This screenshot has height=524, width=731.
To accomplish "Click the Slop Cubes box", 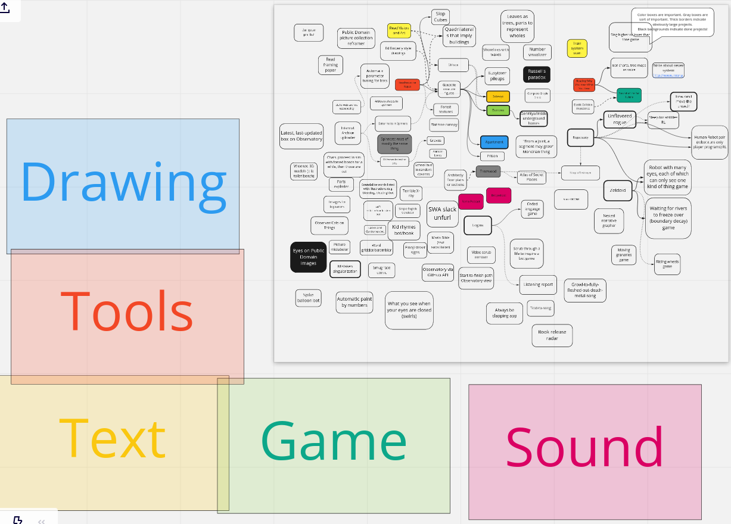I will pyautogui.click(x=440, y=17).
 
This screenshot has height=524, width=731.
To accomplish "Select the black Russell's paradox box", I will pyautogui.click(x=536, y=74).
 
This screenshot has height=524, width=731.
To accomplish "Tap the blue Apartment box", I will pyautogui.click(x=494, y=142).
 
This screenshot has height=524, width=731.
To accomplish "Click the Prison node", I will pyautogui.click(x=492, y=156).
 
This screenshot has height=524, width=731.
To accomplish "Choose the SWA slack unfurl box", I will pyautogui.click(x=442, y=213).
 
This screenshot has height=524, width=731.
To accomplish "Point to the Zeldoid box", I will pyautogui.click(x=618, y=190).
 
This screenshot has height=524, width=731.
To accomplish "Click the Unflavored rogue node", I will pyautogui.click(x=620, y=119).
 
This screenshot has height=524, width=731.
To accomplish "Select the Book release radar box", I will pyautogui.click(x=552, y=335).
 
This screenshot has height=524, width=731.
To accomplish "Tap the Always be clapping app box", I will pyautogui.click(x=505, y=313).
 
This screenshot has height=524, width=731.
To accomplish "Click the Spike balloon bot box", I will pyautogui.click(x=309, y=298).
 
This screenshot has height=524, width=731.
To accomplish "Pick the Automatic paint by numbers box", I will pyautogui.click(x=354, y=302).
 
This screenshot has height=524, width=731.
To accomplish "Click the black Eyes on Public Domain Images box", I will pyautogui.click(x=309, y=257).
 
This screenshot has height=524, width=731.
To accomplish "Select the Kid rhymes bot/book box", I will pyautogui.click(x=403, y=230).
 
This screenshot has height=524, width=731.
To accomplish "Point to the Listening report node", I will pyautogui.click(x=539, y=285).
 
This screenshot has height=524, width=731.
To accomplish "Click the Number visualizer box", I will pyautogui.click(x=537, y=52).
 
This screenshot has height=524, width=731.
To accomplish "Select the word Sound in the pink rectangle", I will pyautogui.click(x=584, y=449).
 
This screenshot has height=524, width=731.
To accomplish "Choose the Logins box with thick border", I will pyautogui.click(x=477, y=225).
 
